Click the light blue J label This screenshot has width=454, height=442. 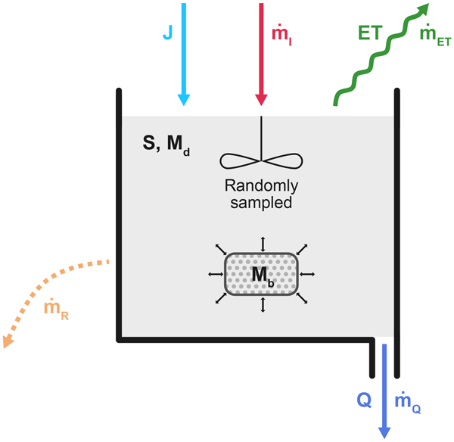coord(168,33)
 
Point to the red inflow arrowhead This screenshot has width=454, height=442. coord(262,98)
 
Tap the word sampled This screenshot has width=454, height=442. coord(262,203)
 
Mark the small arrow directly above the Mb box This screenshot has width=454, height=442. coord(263,241)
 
